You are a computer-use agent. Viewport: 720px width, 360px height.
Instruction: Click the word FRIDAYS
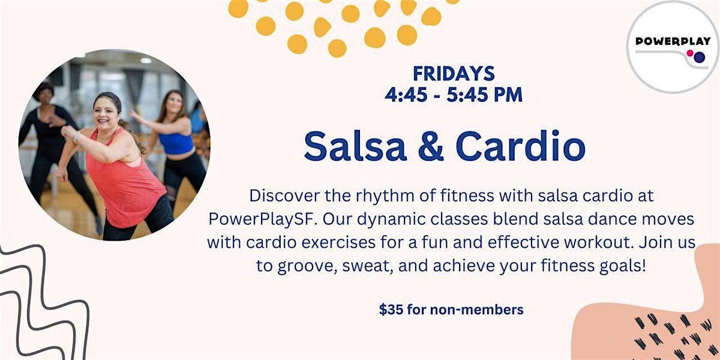click(454, 74)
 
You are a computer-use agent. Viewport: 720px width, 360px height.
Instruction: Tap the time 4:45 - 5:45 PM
click(454, 94)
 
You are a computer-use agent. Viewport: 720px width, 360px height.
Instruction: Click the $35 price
click(390, 310)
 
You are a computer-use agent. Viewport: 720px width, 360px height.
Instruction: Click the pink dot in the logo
click(690, 54)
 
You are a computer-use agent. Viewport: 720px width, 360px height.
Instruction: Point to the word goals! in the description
click(624, 265)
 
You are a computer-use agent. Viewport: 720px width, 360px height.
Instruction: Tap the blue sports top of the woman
click(176, 143)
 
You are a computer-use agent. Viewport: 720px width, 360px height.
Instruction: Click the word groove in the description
click(296, 265)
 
